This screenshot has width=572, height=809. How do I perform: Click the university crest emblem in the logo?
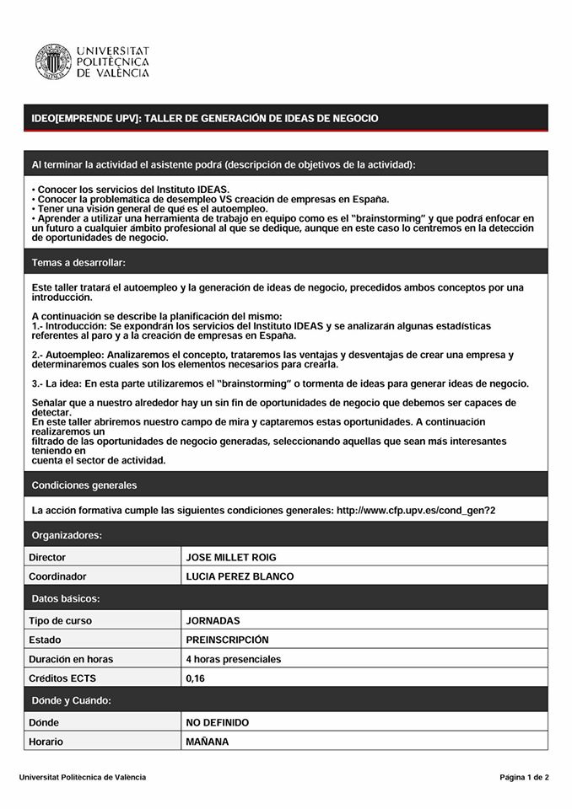(x=52, y=62)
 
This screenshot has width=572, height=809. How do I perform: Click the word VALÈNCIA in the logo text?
(x=120, y=74)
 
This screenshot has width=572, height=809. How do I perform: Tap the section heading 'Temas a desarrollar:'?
(x=78, y=263)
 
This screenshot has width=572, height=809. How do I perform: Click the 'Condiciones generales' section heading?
(x=84, y=485)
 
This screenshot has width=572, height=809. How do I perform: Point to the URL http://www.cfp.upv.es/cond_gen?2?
(x=416, y=511)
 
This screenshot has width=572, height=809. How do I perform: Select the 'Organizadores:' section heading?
(x=67, y=535)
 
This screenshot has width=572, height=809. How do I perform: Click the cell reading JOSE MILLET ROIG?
(x=231, y=557)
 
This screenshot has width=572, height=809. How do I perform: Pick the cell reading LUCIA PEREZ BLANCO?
(x=240, y=576)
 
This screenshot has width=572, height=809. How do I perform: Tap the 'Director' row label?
(x=47, y=557)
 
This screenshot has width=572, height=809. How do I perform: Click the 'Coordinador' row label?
(x=57, y=576)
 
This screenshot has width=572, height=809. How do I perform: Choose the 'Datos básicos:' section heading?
(x=66, y=598)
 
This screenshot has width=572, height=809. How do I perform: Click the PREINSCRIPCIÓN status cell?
(x=227, y=640)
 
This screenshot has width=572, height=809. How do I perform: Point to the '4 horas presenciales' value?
(x=234, y=659)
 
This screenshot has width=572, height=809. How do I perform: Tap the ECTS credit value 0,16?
(x=196, y=678)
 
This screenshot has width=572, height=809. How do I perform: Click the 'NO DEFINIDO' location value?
(x=218, y=722)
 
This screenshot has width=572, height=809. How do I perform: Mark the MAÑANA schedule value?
(x=208, y=742)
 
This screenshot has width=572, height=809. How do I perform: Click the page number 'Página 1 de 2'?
(x=524, y=777)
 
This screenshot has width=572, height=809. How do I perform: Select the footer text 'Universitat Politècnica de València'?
(x=83, y=777)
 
